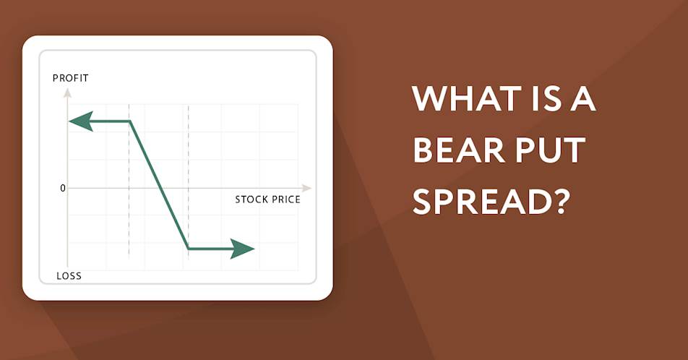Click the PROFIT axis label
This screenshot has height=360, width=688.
tap(71, 78)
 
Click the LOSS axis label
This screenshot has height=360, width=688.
tap(69, 275)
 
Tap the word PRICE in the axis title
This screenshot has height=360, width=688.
tap(285, 200)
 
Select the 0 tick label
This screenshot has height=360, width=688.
tap(63, 188)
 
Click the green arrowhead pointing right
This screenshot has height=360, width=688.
tap(242, 249)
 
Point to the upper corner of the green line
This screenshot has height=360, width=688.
tap(130, 121)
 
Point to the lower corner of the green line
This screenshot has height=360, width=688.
tap(189, 249)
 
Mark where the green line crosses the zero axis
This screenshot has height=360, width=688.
tap(160, 188)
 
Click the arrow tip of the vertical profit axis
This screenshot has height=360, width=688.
tap(67, 89)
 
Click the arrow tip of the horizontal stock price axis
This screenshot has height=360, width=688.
tap(311, 188)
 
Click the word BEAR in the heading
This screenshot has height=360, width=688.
tap(459, 150)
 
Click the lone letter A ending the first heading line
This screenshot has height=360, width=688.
tap(583, 98)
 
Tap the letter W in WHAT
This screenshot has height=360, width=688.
tap(430, 98)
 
